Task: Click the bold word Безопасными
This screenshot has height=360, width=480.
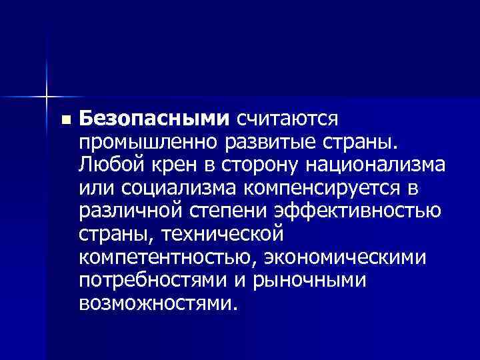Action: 153,119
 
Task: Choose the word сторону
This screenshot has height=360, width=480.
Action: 252,165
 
